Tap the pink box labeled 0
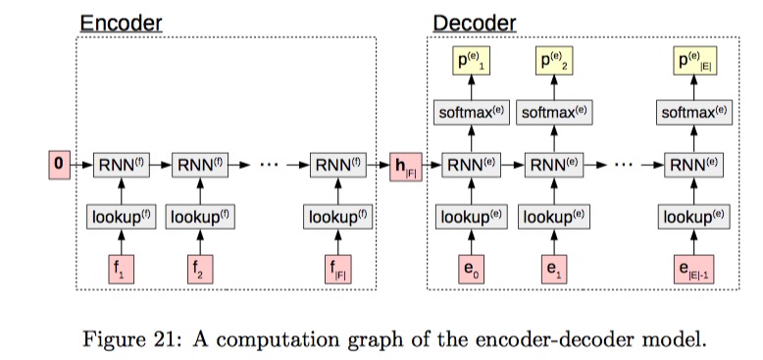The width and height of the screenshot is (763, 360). pos(59,165)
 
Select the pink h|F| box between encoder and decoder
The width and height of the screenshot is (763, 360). pos(404,165)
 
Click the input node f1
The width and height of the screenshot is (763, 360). pos(119,268)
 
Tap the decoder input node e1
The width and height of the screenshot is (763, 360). pos(551,268)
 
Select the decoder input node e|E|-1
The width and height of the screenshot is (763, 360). pos(690,268)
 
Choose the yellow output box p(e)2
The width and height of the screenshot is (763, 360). pos(551,62)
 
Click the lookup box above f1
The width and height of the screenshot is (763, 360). pos(119,216)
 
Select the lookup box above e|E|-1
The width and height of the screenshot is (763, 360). pos(690,216)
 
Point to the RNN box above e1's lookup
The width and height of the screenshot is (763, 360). pos(551,165)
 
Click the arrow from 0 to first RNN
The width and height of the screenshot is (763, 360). pos(80,165)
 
